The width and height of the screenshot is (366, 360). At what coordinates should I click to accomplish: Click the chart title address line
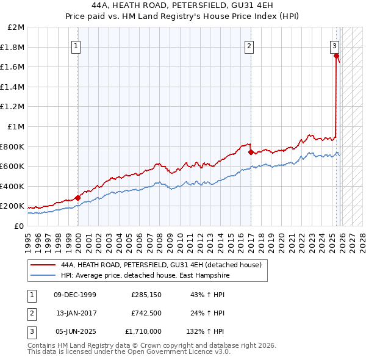click(182, 5)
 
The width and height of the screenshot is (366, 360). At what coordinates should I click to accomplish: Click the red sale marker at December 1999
click(78, 198)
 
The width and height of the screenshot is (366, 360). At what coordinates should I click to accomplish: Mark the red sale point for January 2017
click(251, 152)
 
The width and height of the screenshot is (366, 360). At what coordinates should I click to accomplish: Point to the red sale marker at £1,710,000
click(336, 56)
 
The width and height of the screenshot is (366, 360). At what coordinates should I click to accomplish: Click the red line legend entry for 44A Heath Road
click(161, 265)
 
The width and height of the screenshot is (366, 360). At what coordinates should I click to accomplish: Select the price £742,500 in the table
click(146, 313)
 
